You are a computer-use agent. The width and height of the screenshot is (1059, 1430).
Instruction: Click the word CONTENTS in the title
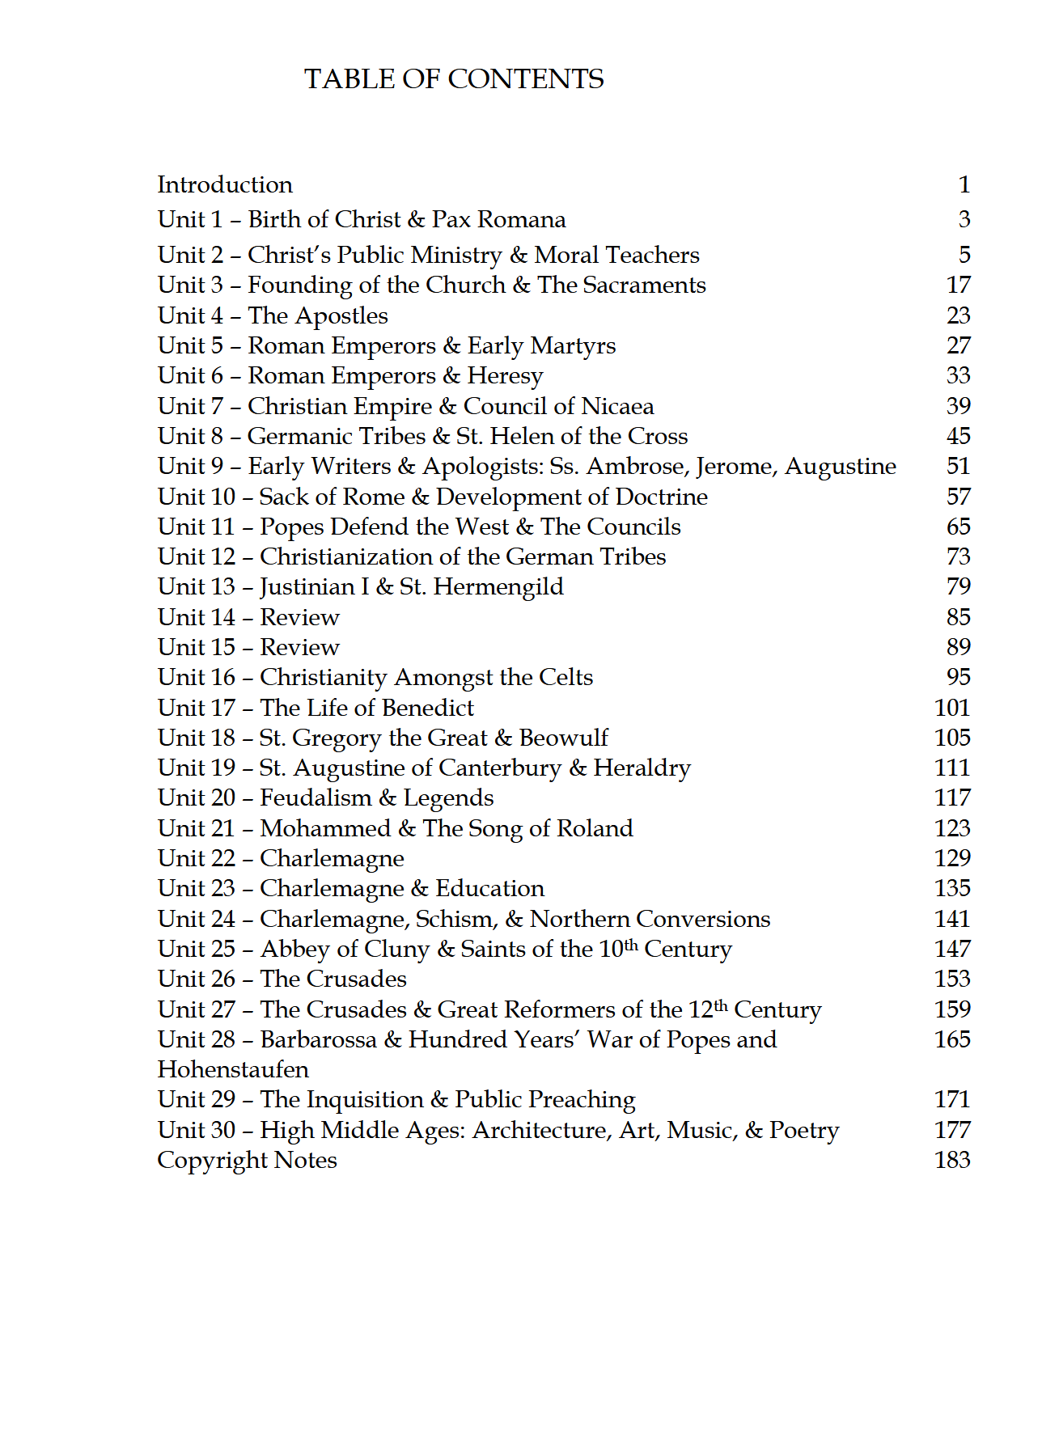click(x=526, y=79)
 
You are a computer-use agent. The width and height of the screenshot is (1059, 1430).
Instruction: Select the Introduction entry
click(x=225, y=184)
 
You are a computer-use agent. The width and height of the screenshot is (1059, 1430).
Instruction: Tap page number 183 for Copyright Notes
click(x=952, y=1160)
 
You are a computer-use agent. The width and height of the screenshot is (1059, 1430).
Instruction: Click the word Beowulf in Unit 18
click(x=563, y=738)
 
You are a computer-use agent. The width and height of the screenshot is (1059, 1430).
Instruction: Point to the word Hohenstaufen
click(x=233, y=1069)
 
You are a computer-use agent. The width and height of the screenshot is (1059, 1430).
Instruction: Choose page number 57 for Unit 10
click(x=959, y=497)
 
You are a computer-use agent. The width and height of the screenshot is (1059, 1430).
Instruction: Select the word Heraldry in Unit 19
click(x=642, y=768)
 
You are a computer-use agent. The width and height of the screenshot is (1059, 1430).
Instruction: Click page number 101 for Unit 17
click(x=952, y=708)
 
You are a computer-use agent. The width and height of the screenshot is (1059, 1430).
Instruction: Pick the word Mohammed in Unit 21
click(x=325, y=828)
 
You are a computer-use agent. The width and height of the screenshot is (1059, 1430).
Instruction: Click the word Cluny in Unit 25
click(x=397, y=950)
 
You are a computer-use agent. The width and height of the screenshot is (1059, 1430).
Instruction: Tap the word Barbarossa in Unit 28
click(x=318, y=1039)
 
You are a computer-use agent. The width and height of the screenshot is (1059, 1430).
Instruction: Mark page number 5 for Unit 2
click(x=964, y=255)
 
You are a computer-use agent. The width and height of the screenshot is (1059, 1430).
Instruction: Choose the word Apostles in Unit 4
click(x=341, y=316)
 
